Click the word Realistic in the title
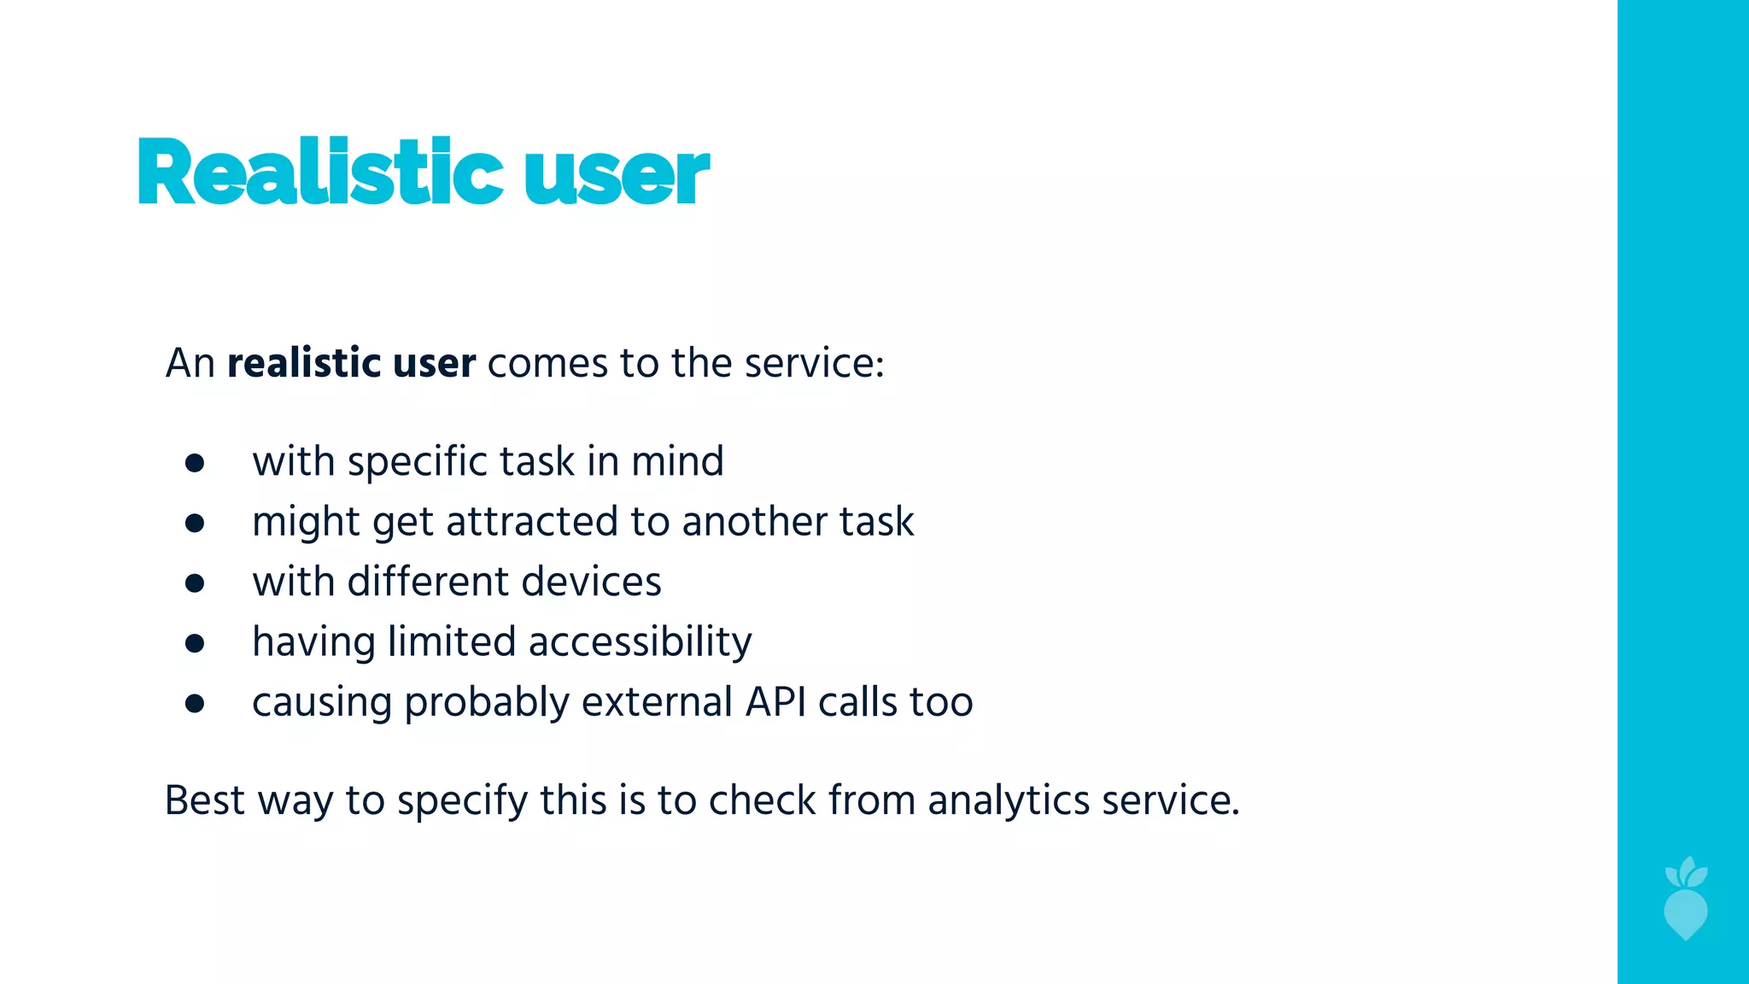(x=319, y=173)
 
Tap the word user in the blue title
(x=616, y=177)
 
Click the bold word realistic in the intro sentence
(x=303, y=364)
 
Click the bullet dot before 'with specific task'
(x=195, y=463)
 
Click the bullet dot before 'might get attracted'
(x=195, y=523)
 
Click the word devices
(x=591, y=583)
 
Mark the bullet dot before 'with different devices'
(x=195, y=583)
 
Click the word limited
(x=451, y=642)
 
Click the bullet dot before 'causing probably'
(x=195, y=704)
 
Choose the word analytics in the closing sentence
(x=1009, y=801)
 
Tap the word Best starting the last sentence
(x=204, y=801)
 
